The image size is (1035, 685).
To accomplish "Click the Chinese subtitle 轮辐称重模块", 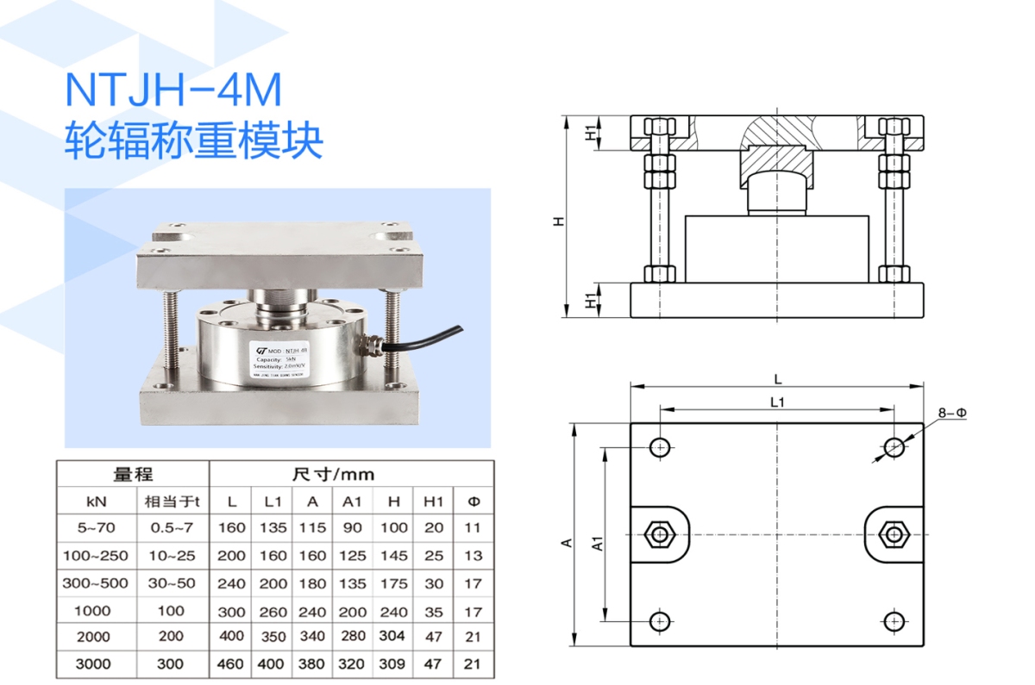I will point(194,141).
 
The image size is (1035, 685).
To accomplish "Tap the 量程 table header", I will point(133,475).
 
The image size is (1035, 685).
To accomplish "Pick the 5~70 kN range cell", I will point(97,527).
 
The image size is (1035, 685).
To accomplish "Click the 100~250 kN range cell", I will point(95,556).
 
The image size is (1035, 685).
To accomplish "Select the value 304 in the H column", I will point(393,637).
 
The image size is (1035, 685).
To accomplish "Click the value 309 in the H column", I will point(393,664).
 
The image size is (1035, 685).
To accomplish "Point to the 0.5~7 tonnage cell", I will point(172,527).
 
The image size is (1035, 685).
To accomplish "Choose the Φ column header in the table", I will point(473,501).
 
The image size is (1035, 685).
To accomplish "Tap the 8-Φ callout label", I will point(952,414).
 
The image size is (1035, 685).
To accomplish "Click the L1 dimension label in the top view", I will point(777,402).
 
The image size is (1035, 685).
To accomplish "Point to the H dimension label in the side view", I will point(559,221).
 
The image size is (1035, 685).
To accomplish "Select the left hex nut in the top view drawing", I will point(661,534).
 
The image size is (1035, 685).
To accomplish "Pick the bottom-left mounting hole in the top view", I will point(661,620).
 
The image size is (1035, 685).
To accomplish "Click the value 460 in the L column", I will point(231,664).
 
